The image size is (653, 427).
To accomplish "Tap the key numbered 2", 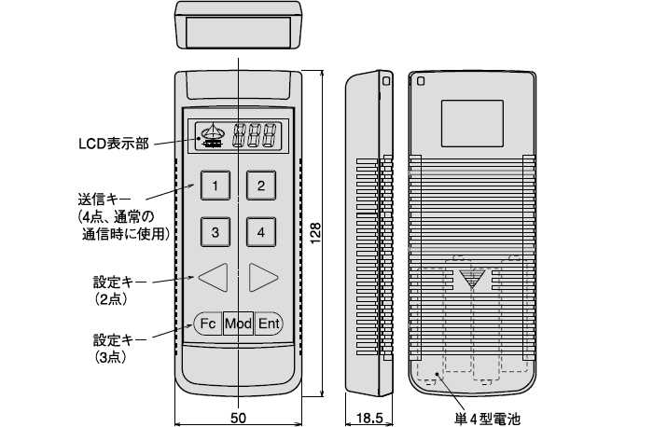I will (x=261, y=185).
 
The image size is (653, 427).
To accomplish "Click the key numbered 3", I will (x=215, y=231).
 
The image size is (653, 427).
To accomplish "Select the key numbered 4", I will (x=261, y=231).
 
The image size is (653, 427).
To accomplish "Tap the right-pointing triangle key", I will (x=264, y=276).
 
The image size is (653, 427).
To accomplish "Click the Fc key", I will (x=208, y=324).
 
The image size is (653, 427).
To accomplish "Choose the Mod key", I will (x=239, y=324).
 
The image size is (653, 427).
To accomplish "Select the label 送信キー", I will (x=104, y=200).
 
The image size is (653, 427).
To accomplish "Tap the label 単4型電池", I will (x=485, y=416).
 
